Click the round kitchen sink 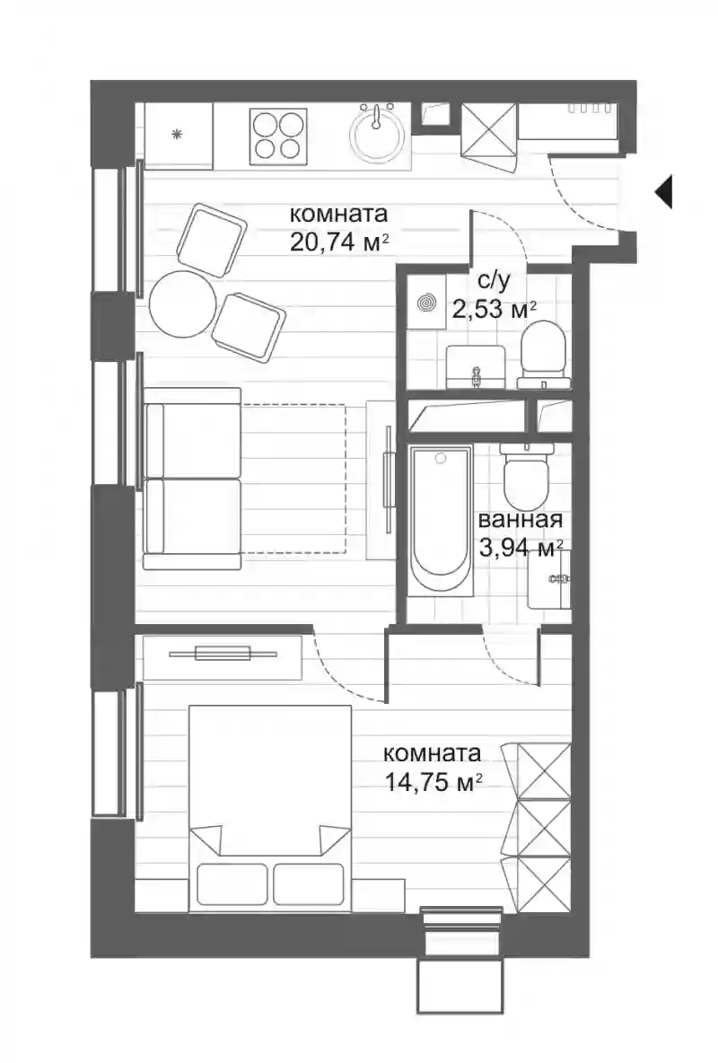[378, 135]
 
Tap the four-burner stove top [278, 136]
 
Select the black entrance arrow [663, 192]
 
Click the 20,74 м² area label [339, 242]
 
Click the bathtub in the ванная [441, 520]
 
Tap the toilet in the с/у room [542, 355]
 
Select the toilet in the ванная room [526, 476]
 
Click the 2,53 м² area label [495, 310]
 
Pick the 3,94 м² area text [521, 547]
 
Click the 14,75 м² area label [433, 782]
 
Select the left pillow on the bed [232, 884]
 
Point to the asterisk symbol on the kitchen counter [178, 135]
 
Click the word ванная [521, 520]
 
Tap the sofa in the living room [193, 479]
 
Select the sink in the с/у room [476, 366]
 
